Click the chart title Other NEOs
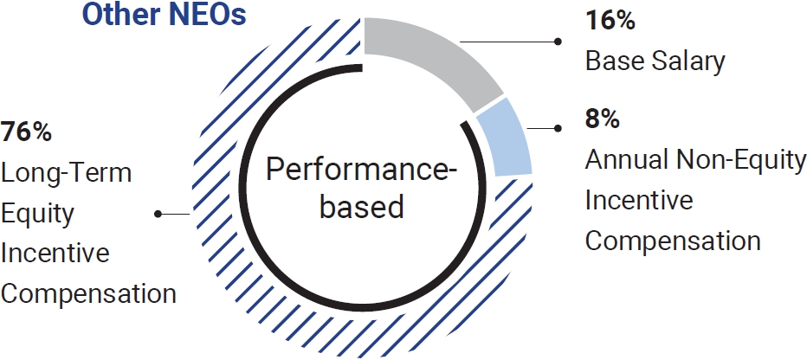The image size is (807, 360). click(165, 15)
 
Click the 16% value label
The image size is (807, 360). click(610, 21)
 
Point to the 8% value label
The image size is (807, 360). click(602, 119)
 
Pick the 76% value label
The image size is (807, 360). click(26, 132)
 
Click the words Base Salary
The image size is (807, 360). click(655, 61)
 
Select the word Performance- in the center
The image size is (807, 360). click(362, 170)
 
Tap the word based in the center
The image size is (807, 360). click(362, 207)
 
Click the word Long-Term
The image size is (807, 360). click(67, 173)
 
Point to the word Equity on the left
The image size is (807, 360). click(37, 215)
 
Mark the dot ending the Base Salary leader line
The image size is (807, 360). click(558, 42)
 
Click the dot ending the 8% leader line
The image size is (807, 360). click(558, 128)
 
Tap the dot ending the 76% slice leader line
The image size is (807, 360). click(158, 214)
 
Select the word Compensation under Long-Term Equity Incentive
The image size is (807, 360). click(88, 293)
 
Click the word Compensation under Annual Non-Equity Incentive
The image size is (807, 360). click(673, 241)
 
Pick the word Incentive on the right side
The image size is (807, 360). click(639, 200)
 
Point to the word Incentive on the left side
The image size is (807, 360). click(55, 254)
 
